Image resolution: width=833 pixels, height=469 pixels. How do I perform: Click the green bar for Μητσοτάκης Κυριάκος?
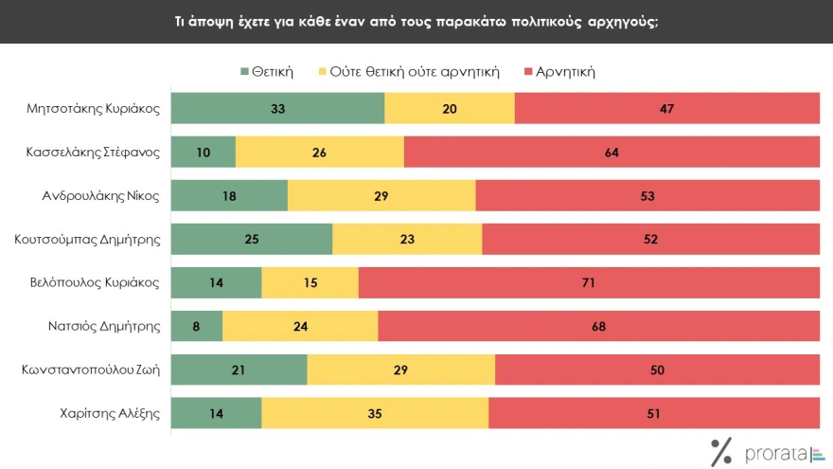[277, 108]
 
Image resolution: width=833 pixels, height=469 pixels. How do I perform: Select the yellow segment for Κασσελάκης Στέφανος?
[320, 152]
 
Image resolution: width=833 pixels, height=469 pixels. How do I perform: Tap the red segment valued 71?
[589, 283]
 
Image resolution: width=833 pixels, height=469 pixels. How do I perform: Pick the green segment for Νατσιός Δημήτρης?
[196, 327]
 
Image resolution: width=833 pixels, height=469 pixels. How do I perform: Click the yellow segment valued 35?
[375, 414]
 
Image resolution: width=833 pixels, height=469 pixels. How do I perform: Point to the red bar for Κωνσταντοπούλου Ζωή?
[657, 370]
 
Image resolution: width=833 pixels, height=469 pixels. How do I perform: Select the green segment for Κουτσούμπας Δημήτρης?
[252, 240]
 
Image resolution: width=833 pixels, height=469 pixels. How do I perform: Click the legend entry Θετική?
[268, 71]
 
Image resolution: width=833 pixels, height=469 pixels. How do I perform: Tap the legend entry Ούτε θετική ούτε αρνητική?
[413, 71]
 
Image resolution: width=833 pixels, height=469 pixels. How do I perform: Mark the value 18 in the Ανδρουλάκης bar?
[229, 196]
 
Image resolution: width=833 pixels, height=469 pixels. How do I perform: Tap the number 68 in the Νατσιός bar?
[598, 327]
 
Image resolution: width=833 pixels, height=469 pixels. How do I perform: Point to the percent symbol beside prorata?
[721, 451]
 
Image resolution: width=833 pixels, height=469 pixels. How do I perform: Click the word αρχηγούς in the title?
[624, 21]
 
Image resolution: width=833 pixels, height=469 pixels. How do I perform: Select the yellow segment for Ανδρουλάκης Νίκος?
[381, 196]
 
